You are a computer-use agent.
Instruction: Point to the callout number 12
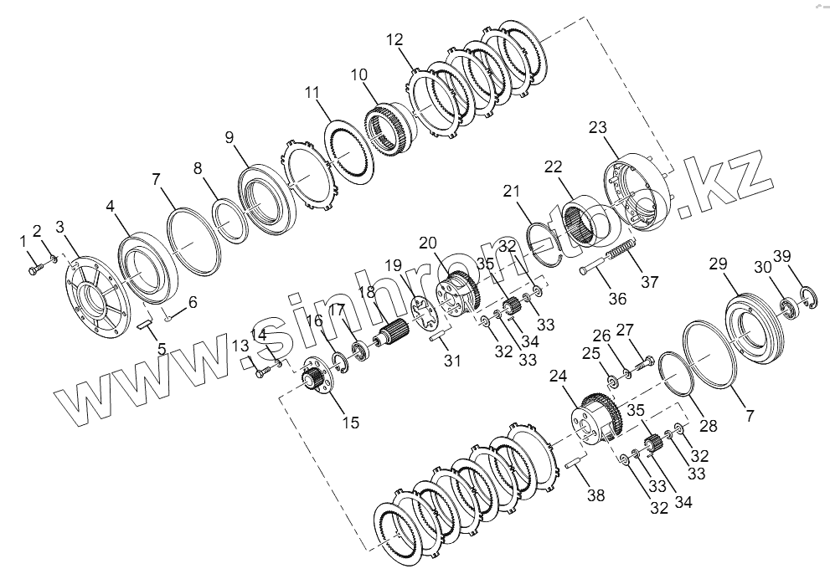(395, 39)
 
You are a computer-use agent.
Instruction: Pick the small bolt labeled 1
(35, 269)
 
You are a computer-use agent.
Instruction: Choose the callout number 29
(718, 264)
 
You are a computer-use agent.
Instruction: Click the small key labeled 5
(142, 317)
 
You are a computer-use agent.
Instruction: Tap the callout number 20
(428, 243)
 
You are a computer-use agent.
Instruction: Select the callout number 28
(709, 426)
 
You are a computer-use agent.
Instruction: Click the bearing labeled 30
(787, 308)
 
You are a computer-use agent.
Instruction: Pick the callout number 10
(359, 75)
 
